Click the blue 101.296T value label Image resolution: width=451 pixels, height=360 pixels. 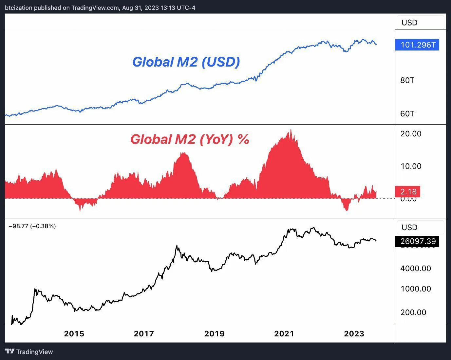pos(418,45)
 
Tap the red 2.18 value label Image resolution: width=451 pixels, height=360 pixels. pos(408,192)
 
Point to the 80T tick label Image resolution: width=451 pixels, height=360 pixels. pos(407,80)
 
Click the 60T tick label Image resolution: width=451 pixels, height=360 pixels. pos(407,114)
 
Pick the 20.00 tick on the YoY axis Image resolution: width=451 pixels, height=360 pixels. pos(411,134)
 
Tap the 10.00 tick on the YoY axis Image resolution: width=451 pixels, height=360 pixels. pos(411,166)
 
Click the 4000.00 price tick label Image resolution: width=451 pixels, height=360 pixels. pos(416,269)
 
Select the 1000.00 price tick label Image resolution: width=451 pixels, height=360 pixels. pos(416,289)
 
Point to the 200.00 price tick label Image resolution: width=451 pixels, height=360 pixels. pos(413,312)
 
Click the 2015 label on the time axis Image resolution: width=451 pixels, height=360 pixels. pos(74,334)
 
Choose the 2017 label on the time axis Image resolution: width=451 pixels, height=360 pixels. pos(144,334)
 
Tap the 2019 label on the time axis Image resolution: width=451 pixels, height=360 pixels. pos(214,334)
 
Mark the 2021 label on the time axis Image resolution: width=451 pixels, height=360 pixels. pos(284,334)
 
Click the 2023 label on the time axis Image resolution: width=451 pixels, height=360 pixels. pos(354,334)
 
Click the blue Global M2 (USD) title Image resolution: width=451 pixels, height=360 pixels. pos(186,62)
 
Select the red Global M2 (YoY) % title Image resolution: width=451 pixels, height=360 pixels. pos(190,139)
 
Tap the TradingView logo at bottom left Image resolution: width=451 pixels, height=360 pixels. pos(29,352)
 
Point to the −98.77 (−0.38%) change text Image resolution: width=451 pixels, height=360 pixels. pos(32,226)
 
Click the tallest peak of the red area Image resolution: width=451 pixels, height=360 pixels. pos(291,130)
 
